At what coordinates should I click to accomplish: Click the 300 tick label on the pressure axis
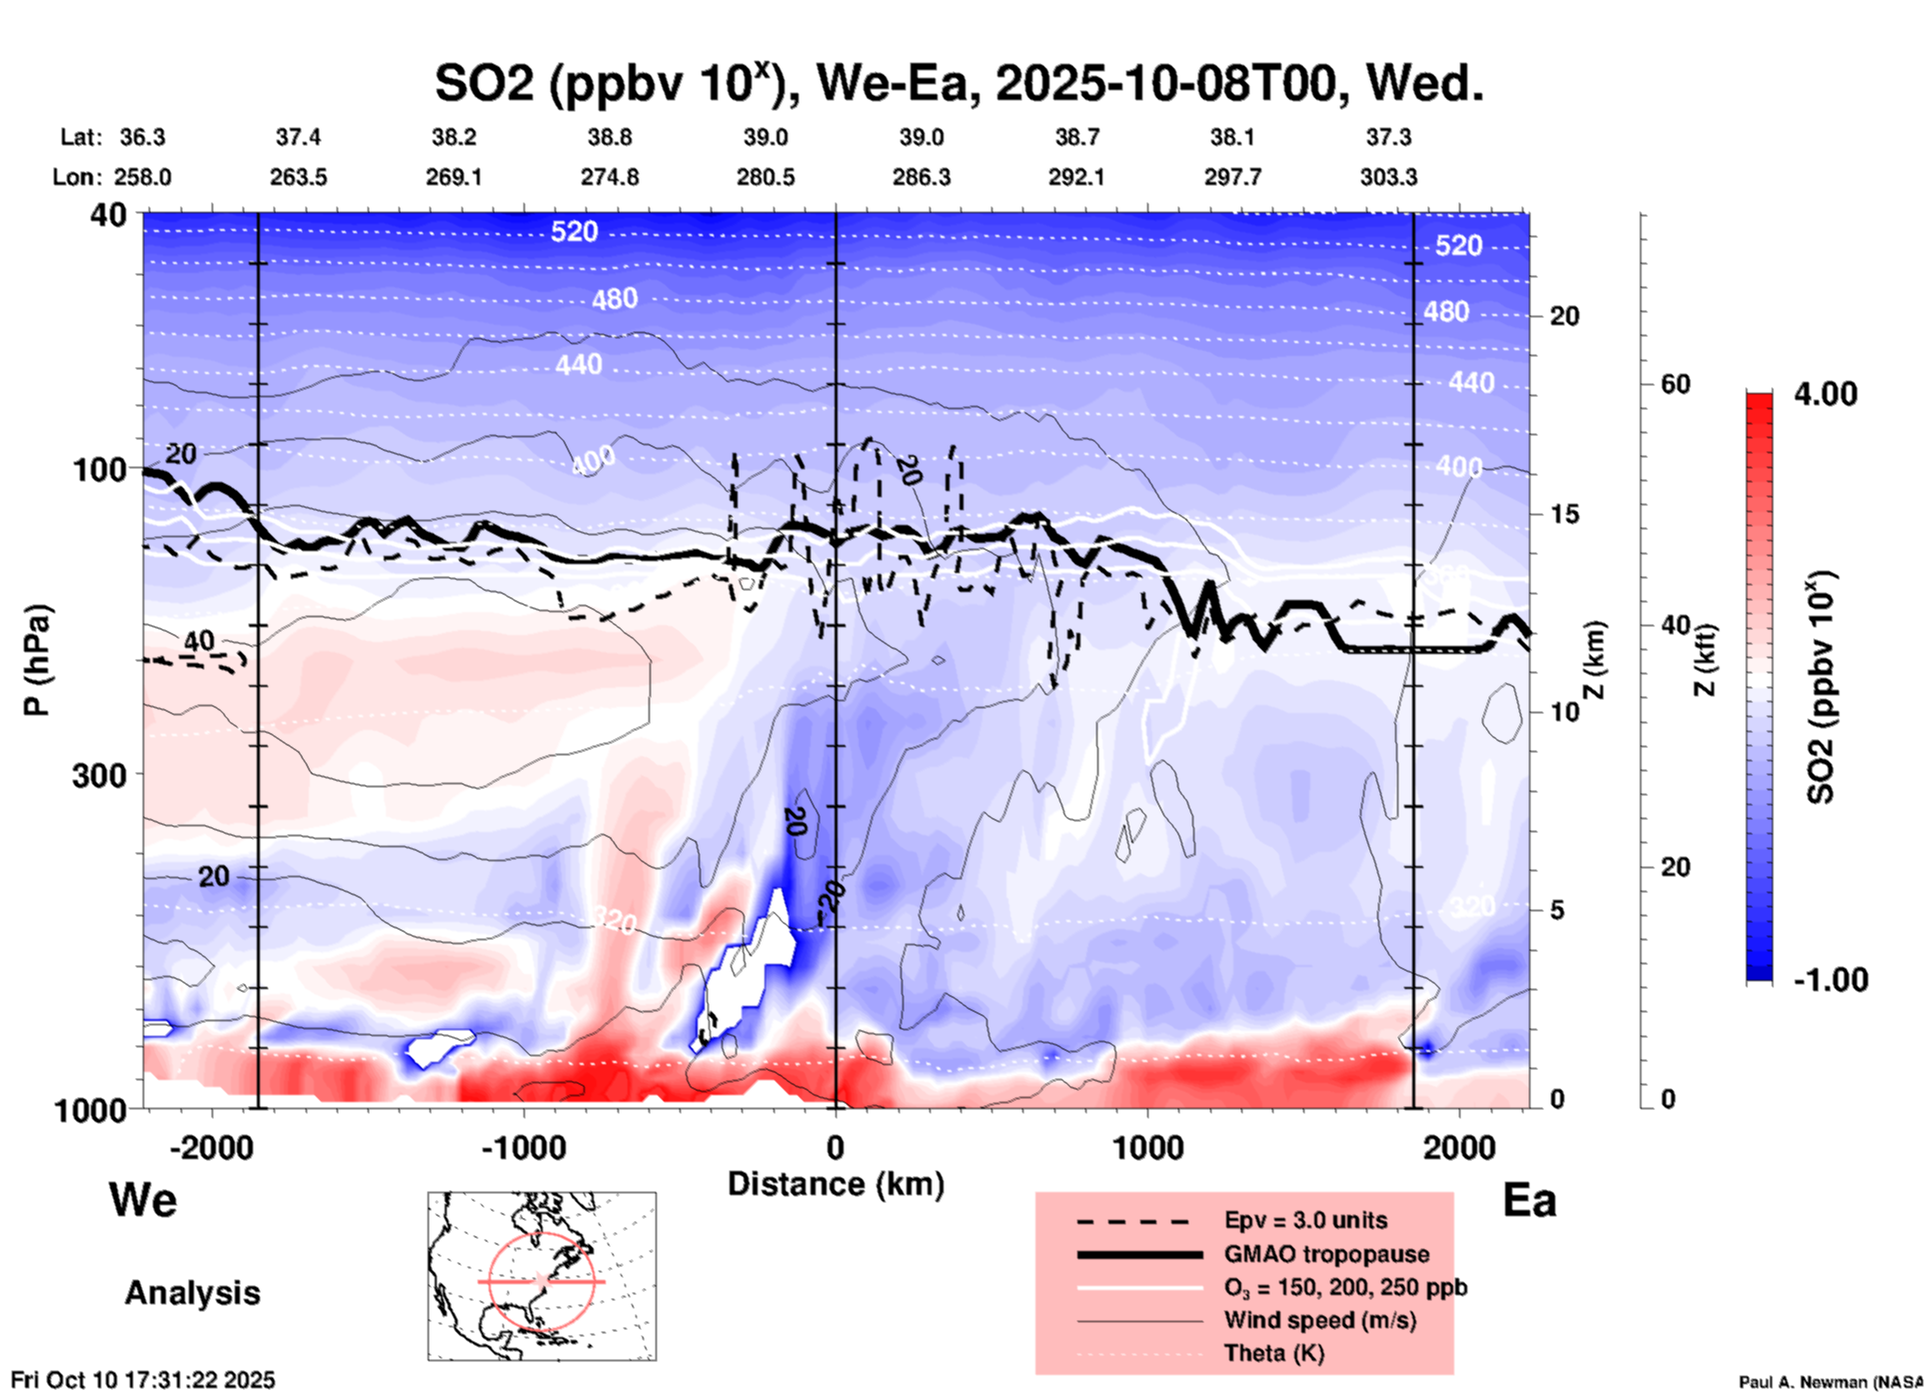pos(99,775)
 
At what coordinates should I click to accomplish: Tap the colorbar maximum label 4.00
pos(1825,394)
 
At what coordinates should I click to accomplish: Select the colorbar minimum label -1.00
pos(1830,980)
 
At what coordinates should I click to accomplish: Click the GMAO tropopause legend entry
pos(1325,1254)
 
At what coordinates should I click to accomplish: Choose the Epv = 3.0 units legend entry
pos(1304,1220)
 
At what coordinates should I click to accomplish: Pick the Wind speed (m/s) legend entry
pos(1319,1320)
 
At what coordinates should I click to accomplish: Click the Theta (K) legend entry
pos(1273,1353)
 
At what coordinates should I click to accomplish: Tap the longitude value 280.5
pos(766,177)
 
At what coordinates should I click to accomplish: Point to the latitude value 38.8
pos(610,137)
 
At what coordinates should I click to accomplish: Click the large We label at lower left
pos(143,1199)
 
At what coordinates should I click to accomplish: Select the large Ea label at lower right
pos(1529,1200)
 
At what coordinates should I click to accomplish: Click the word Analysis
pos(192,1293)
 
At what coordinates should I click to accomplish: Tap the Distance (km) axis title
pos(836,1184)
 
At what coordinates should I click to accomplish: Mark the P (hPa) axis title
pos(37,660)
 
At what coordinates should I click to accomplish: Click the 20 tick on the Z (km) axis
pos(1564,317)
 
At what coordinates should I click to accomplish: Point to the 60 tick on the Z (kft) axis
pos(1675,384)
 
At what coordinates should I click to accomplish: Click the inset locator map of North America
pos(542,1276)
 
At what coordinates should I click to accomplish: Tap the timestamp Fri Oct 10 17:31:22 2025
pos(143,1380)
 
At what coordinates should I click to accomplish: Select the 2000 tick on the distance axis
pos(1459,1147)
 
